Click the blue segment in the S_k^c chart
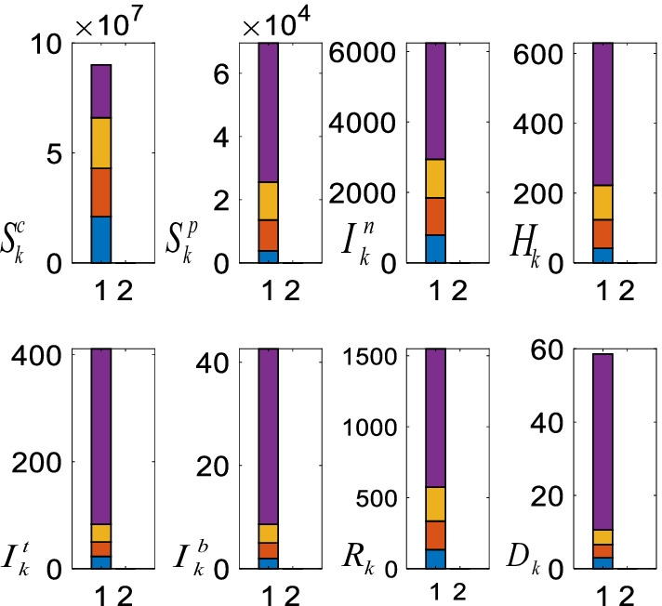[100, 239]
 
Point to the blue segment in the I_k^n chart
[432, 248]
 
